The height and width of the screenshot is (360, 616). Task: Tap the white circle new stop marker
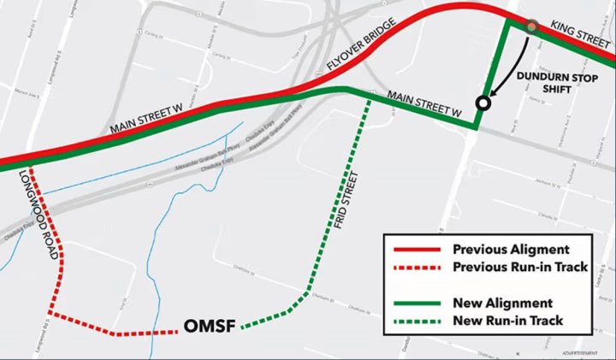(483, 103)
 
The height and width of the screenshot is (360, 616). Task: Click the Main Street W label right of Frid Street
(423, 103)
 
